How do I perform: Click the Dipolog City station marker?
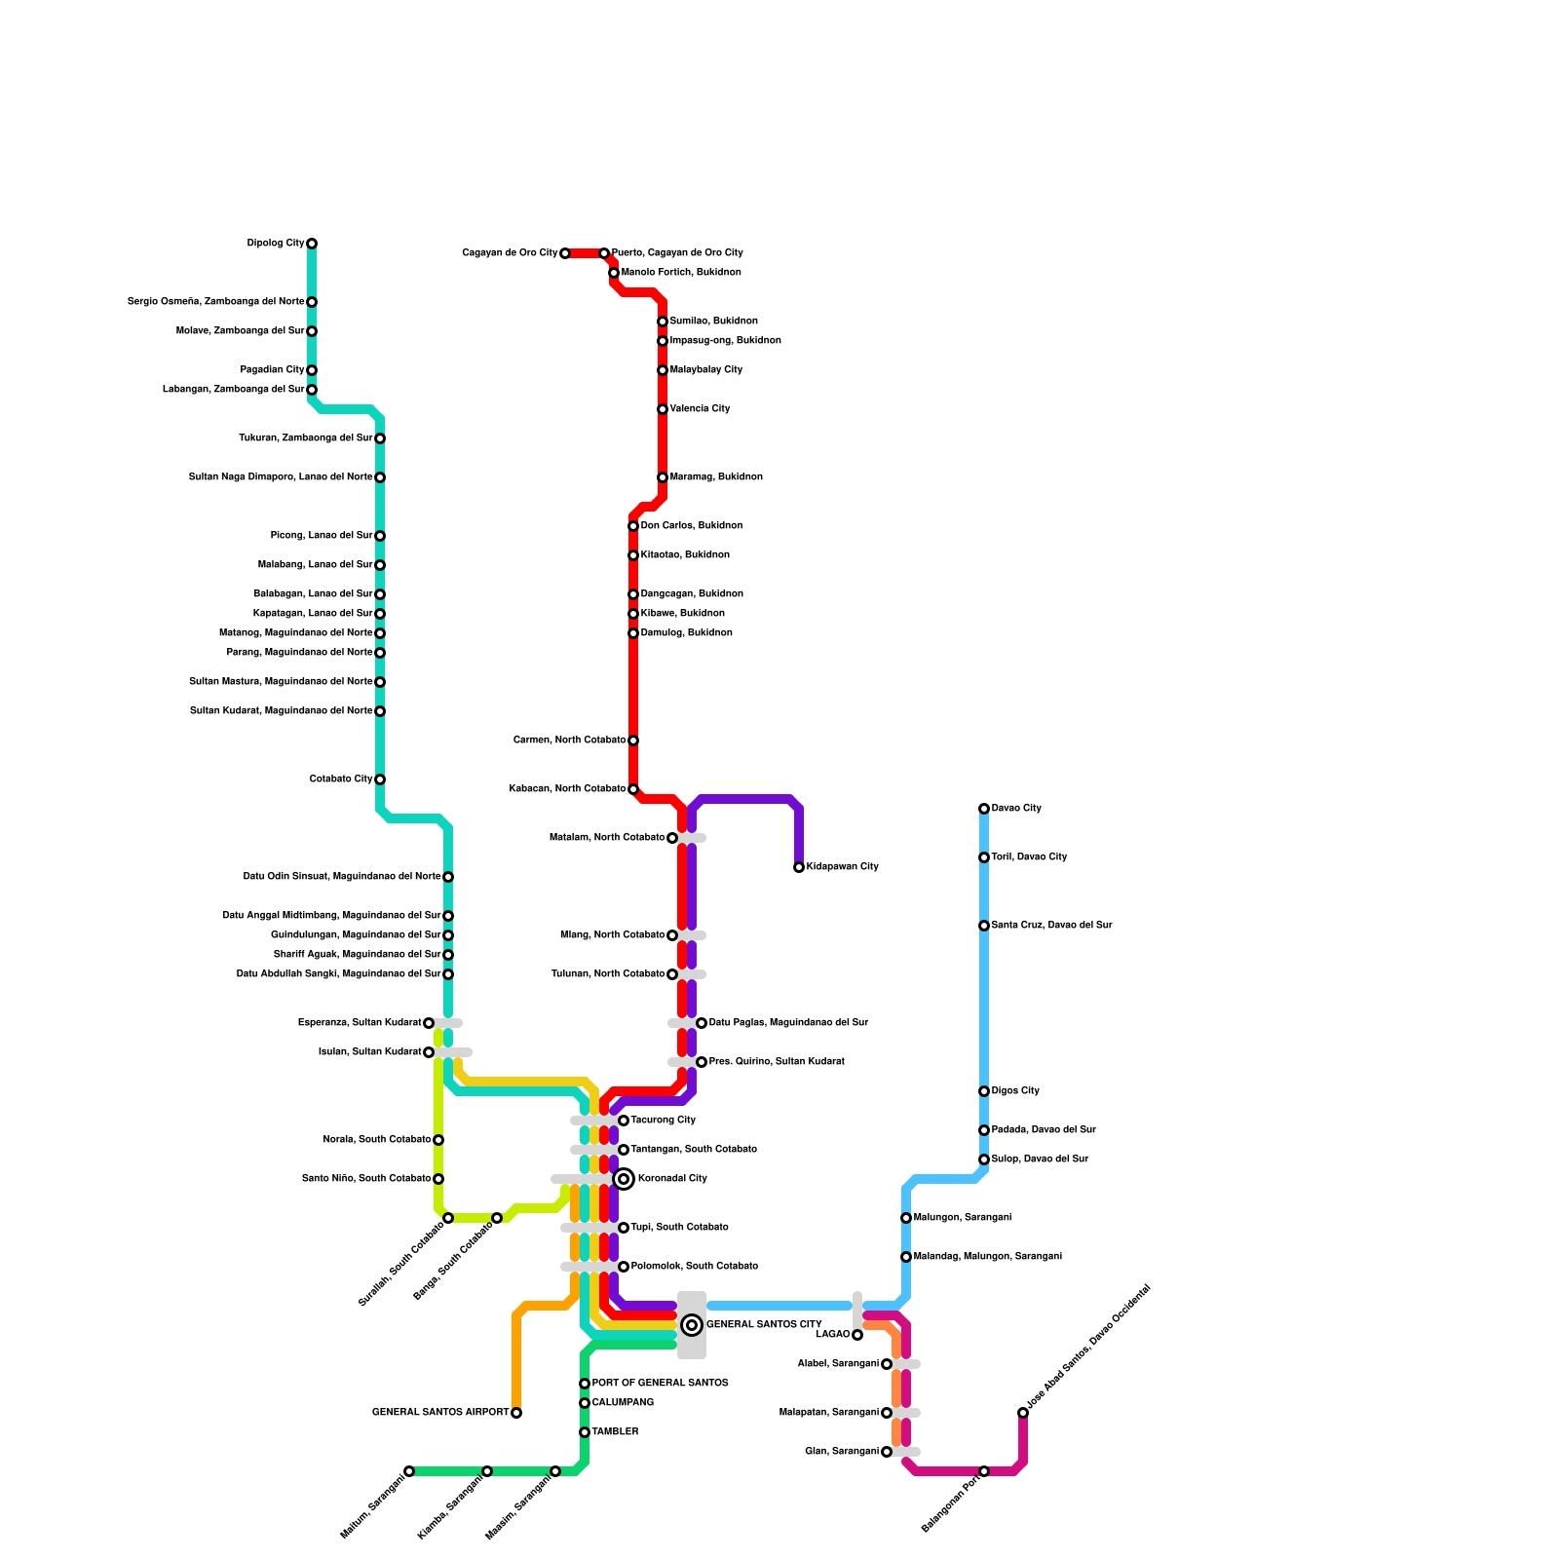click(312, 244)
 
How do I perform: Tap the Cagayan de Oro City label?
click(510, 253)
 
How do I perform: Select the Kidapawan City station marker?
click(799, 867)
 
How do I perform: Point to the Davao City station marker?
click(984, 809)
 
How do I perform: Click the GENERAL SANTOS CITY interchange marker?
click(692, 1325)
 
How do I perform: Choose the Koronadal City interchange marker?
click(624, 1179)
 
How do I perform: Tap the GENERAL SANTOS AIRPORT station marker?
click(516, 1413)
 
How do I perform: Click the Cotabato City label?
click(341, 779)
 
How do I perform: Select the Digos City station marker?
click(984, 1091)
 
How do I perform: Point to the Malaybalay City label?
click(706, 370)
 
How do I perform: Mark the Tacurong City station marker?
click(624, 1121)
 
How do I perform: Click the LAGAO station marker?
click(857, 1335)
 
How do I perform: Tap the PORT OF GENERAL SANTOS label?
click(660, 1384)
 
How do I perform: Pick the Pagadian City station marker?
click(312, 370)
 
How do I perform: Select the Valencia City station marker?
click(663, 409)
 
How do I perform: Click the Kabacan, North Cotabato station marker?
click(633, 789)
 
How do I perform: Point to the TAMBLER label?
click(615, 1432)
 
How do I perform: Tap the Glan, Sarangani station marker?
click(887, 1452)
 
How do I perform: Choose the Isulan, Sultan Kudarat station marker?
click(429, 1052)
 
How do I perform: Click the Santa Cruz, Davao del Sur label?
click(1051, 926)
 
